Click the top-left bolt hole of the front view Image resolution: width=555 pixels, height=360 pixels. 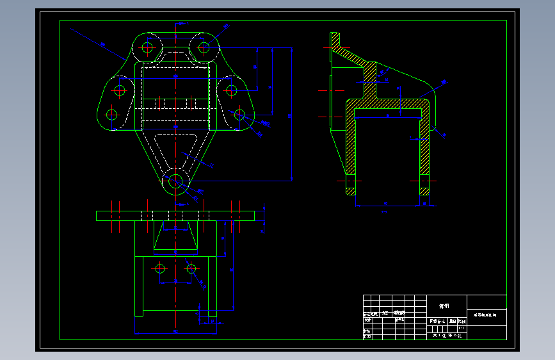(x=148, y=47)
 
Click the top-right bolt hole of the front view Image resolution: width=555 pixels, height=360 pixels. (x=204, y=47)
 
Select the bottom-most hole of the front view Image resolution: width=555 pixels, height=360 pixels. (x=175, y=181)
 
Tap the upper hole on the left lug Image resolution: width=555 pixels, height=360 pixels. (x=119, y=90)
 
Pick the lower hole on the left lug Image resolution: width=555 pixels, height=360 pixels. (x=112, y=115)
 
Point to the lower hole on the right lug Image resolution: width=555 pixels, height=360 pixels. (x=239, y=115)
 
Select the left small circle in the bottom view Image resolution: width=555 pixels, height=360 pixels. (x=159, y=268)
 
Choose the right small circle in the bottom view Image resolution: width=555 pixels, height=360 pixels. (x=191, y=268)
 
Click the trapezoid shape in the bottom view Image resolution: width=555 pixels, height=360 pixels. (x=175, y=238)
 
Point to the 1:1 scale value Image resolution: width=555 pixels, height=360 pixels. (x=461, y=327)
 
